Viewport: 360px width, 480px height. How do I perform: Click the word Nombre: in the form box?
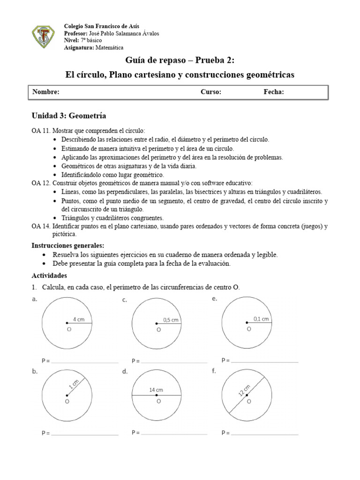pyautogui.click(x=46, y=92)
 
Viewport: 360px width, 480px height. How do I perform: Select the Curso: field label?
pyautogui.click(x=211, y=92)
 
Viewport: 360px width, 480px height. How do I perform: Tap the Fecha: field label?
pyautogui.click(x=274, y=92)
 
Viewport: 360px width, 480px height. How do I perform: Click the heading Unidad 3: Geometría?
pyautogui.click(x=68, y=115)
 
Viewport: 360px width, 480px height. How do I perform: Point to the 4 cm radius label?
pyautogui.click(x=78, y=319)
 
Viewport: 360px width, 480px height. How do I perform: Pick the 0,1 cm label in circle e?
pyautogui.click(x=261, y=319)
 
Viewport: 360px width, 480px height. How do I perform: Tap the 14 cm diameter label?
pyautogui.click(x=156, y=390)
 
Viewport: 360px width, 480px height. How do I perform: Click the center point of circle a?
pyautogui.click(x=67, y=323)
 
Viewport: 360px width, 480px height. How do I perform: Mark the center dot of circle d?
pyautogui.click(x=157, y=395)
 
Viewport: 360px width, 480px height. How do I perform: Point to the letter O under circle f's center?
pyautogui.click(x=249, y=402)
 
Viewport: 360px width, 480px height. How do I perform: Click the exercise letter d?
pyautogui.click(x=125, y=372)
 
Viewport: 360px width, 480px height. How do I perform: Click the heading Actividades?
pyautogui.click(x=49, y=276)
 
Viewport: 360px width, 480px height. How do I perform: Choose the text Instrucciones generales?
pyautogui.click(x=67, y=246)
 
